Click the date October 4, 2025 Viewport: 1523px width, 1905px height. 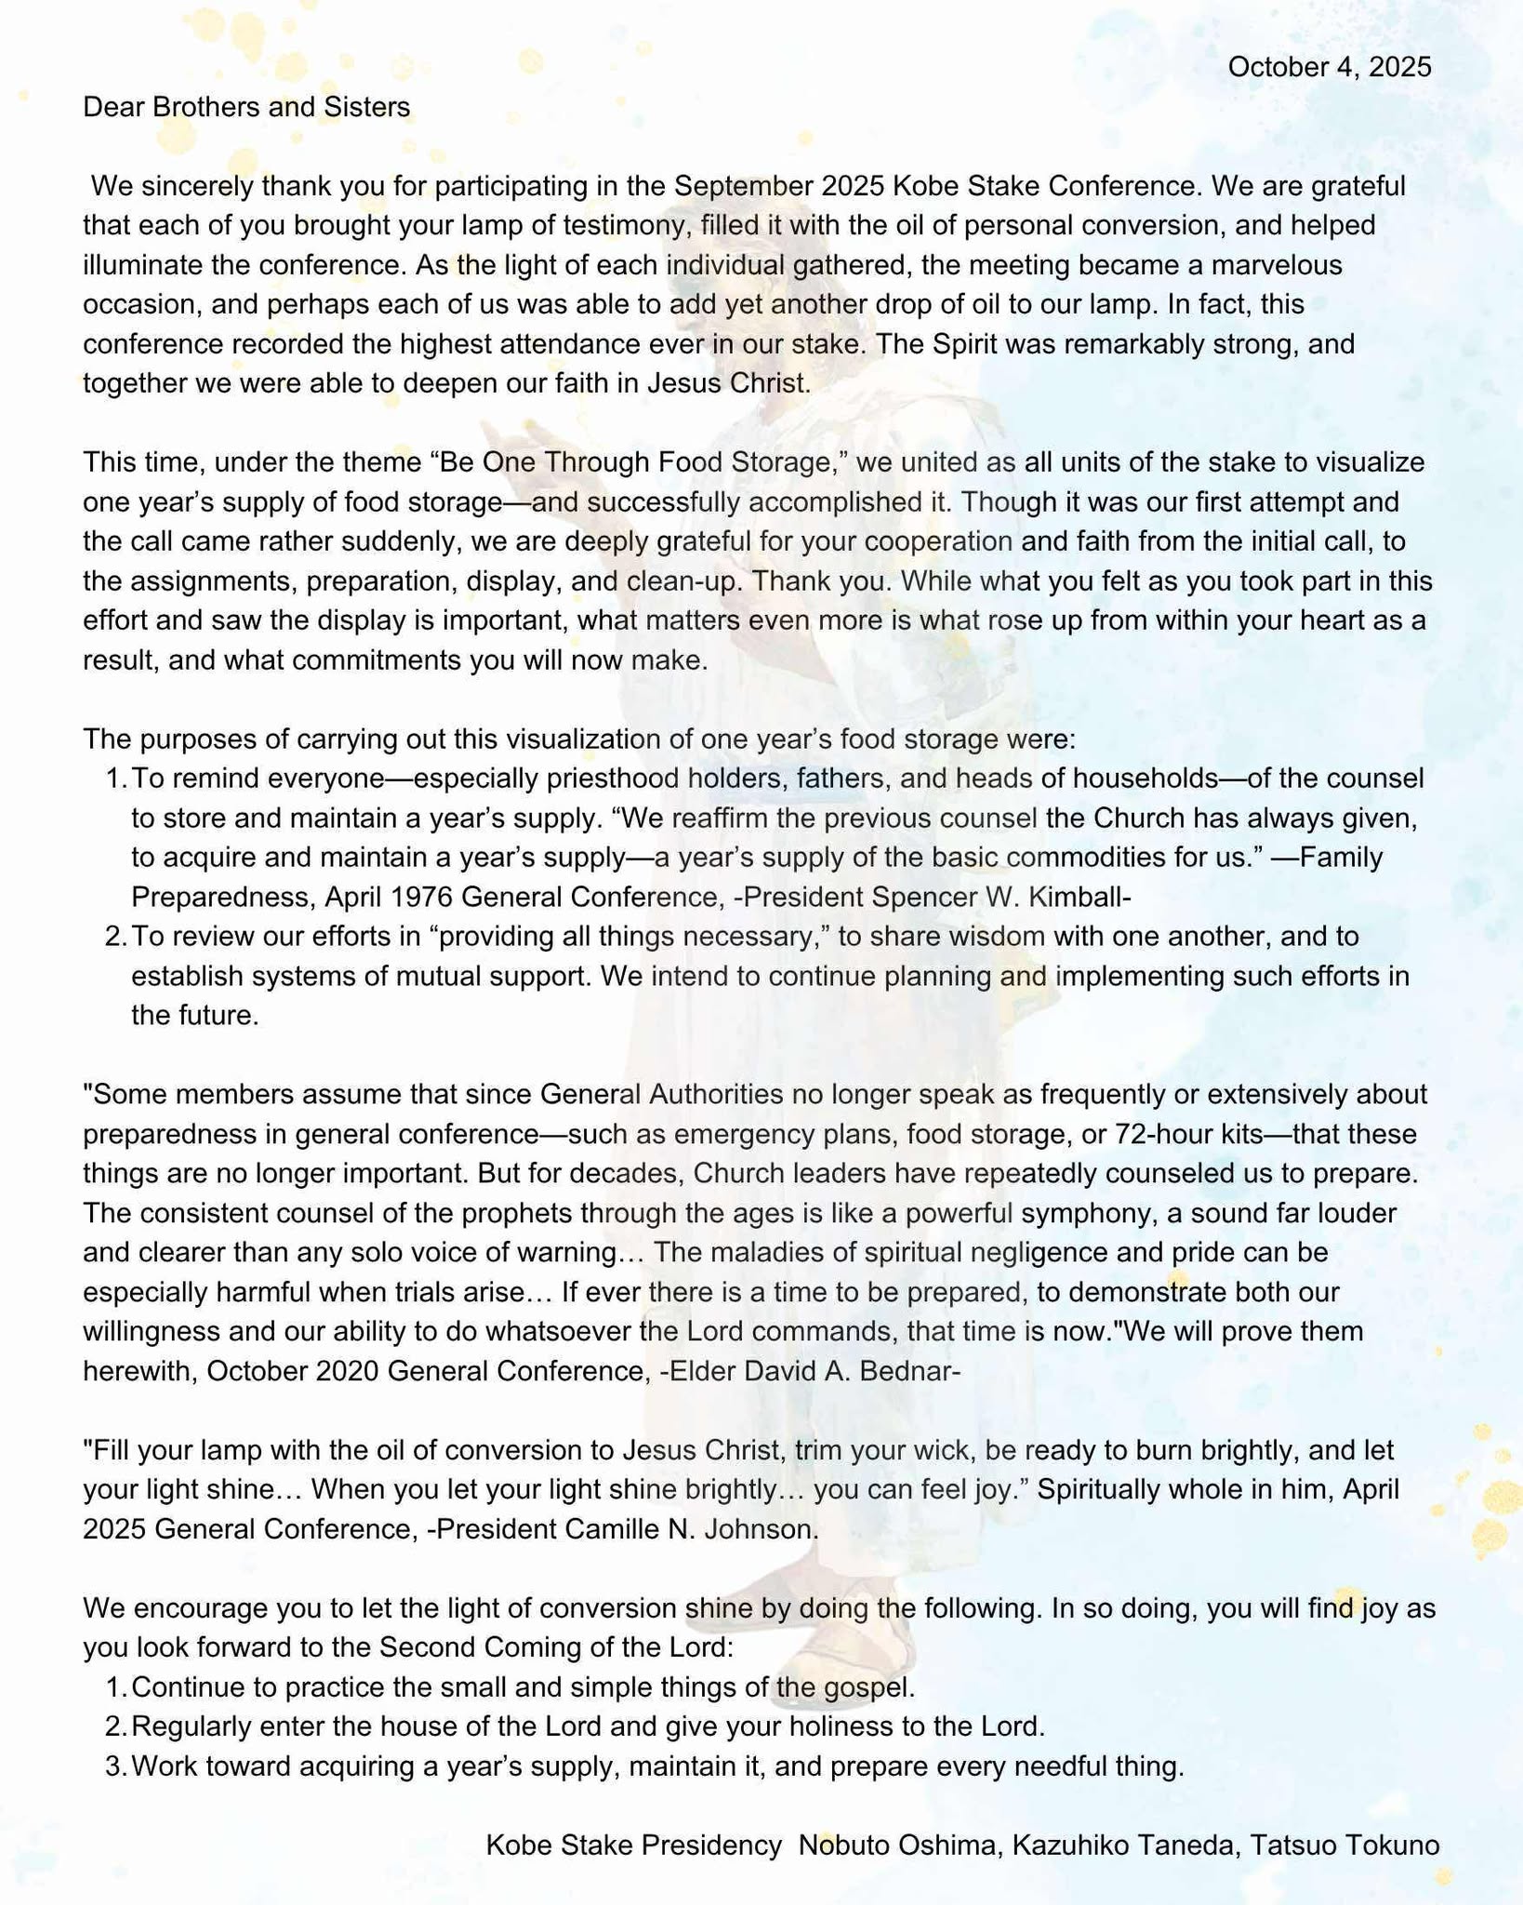[x=1329, y=67]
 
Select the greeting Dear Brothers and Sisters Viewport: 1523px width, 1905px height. [x=246, y=107]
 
